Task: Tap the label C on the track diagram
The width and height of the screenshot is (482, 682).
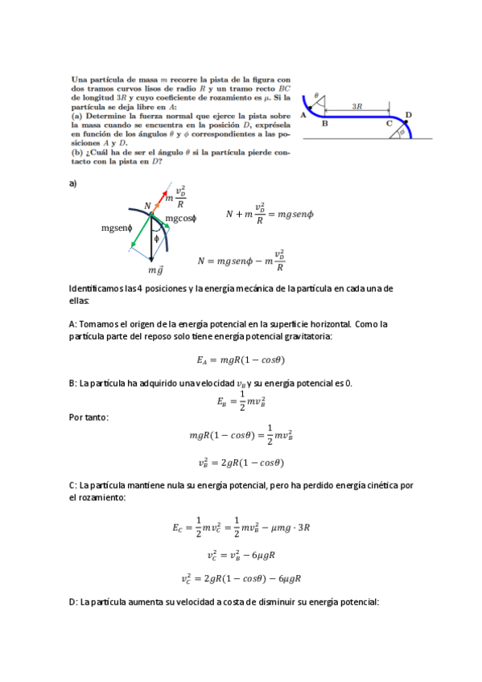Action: point(389,124)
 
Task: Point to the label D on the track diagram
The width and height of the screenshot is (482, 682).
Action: point(408,114)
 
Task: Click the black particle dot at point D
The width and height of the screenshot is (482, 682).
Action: point(406,121)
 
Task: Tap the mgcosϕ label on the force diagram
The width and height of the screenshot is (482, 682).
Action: point(181,219)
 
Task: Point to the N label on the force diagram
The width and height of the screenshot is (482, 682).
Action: point(147,207)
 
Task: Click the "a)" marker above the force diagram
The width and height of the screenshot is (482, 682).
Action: point(73,183)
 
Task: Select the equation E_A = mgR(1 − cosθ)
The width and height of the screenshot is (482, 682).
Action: point(241,360)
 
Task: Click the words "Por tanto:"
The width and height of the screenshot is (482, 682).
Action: point(89,417)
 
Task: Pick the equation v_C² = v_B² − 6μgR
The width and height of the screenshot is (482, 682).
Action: point(241,555)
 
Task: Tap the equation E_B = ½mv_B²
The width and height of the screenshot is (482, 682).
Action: point(241,401)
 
